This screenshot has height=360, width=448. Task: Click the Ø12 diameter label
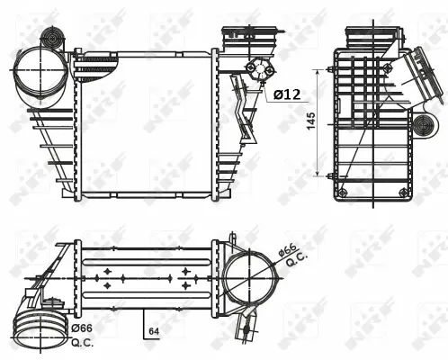286,94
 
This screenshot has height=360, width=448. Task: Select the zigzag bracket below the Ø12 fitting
241,106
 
